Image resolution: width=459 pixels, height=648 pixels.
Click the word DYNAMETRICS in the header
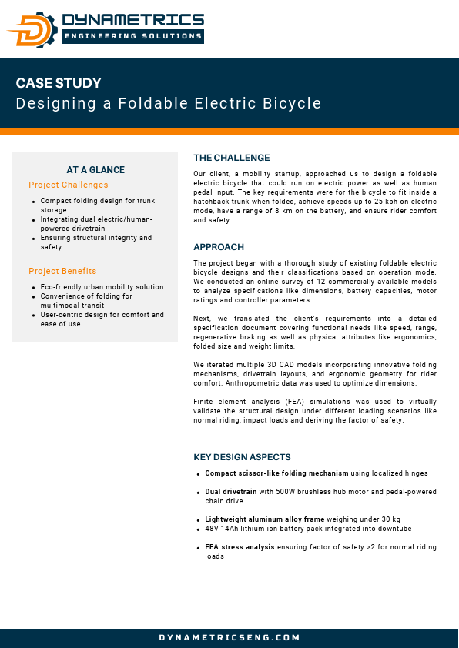pos(132,20)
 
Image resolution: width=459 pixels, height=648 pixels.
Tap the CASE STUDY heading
pos(59,83)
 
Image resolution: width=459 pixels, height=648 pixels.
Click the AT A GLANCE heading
pos(95,170)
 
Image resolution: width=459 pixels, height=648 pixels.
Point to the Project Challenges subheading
pos(69,185)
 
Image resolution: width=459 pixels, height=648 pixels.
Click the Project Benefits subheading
pos(62,271)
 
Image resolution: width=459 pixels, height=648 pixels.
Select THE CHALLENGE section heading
pos(232,158)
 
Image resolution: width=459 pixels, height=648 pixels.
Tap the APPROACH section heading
pos(219,247)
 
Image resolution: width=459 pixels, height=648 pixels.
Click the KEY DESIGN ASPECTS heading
pos(242,456)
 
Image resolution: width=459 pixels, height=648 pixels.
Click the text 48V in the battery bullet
pos(213,528)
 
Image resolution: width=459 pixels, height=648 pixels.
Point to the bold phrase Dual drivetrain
pos(231,491)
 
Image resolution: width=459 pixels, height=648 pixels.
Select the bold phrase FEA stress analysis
pos(239,546)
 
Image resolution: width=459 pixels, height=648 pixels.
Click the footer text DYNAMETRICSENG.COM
pos(229,637)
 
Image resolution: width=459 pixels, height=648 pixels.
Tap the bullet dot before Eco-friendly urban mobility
pos(34,288)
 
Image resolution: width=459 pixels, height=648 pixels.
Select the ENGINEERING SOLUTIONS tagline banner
pos(132,35)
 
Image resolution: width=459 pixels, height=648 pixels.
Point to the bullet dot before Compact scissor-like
pos(199,473)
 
